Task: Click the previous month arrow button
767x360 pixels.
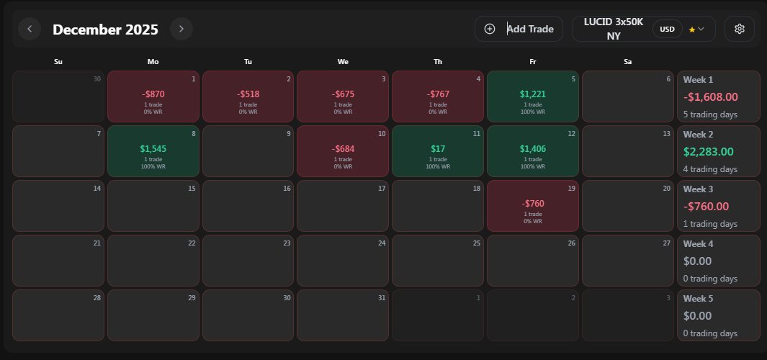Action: [x=30, y=29]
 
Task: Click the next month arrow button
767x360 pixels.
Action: [x=181, y=29]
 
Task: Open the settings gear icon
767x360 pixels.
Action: [x=739, y=29]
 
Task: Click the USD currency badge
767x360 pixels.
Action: [x=668, y=29]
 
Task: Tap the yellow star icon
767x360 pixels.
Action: [x=692, y=30]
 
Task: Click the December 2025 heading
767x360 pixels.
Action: [x=105, y=30]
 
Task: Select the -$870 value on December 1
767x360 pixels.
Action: [x=153, y=94]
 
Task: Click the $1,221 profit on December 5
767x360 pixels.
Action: [x=533, y=94]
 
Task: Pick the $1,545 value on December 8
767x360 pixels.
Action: [x=153, y=148]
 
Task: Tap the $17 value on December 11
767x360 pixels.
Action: [x=438, y=148]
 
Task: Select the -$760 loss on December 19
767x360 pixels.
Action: [x=533, y=203]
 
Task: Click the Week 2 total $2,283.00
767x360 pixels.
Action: [x=708, y=151]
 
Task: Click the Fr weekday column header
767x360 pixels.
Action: [x=533, y=62]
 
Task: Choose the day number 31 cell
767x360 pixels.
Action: [x=343, y=315]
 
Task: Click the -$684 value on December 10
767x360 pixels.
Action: [x=343, y=148]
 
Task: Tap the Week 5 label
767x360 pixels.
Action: [x=698, y=298]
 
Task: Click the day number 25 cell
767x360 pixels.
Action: [x=438, y=261]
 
